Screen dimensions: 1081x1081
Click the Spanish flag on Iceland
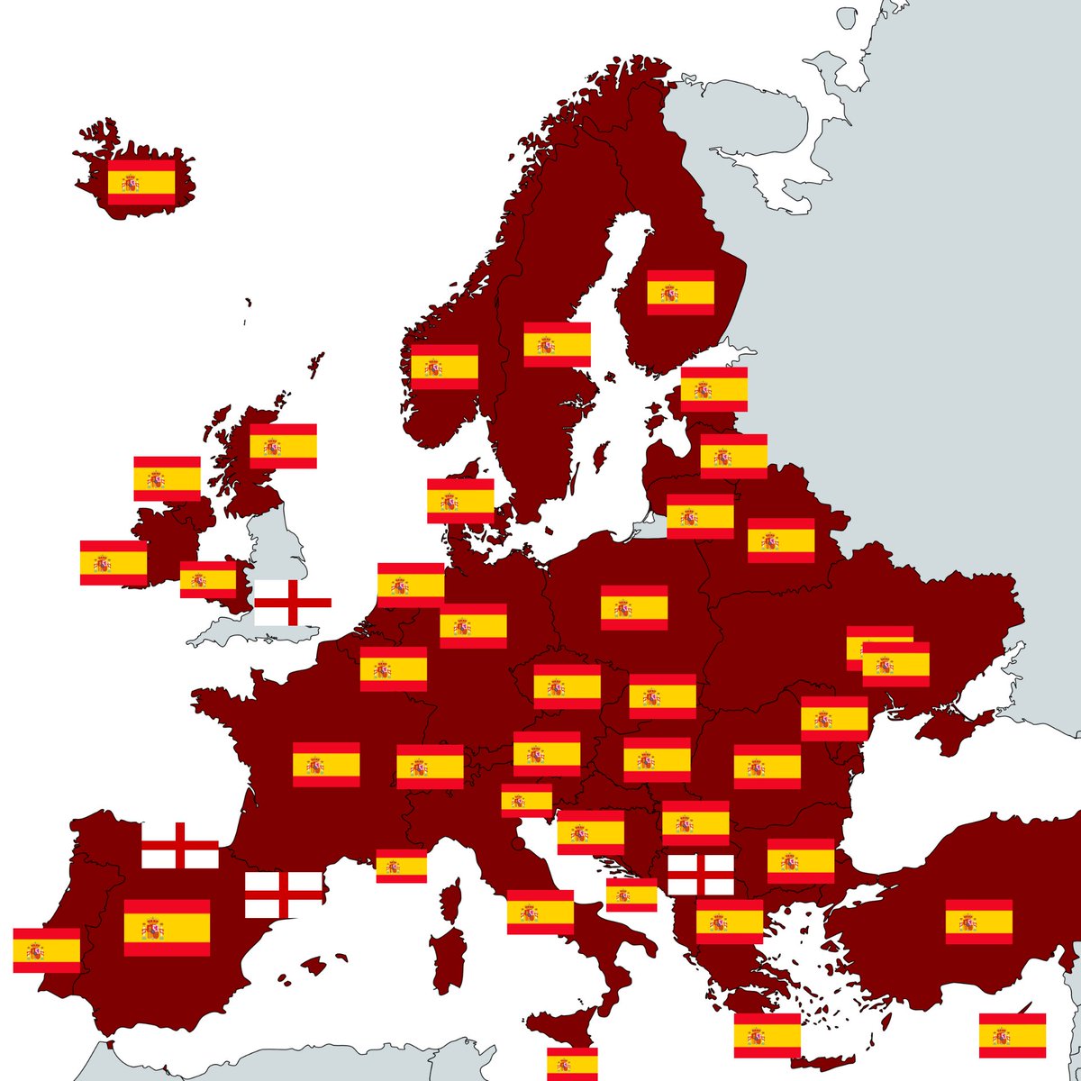coord(141,183)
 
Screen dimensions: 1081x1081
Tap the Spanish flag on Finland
coord(680,293)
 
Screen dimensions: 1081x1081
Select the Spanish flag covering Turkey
coord(978,922)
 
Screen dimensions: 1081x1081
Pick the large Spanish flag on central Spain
coord(167,928)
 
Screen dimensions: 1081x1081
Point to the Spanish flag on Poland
coord(634,607)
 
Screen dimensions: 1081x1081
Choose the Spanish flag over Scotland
coord(283,446)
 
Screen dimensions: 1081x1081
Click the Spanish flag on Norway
coord(444,367)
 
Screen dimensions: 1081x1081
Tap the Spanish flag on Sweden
coord(557,344)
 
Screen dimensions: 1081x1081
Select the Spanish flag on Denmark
coord(460,501)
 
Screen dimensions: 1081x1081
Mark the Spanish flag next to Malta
coord(572,1063)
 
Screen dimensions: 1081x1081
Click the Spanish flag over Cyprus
coord(1013,1035)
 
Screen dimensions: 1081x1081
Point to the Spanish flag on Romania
coord(767,767)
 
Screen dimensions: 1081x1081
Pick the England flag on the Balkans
coord(701,874)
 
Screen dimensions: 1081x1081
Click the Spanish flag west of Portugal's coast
coord(46,950)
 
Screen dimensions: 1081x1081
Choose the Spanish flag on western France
coord(326,765)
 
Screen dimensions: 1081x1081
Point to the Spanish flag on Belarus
coord(781,540)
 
